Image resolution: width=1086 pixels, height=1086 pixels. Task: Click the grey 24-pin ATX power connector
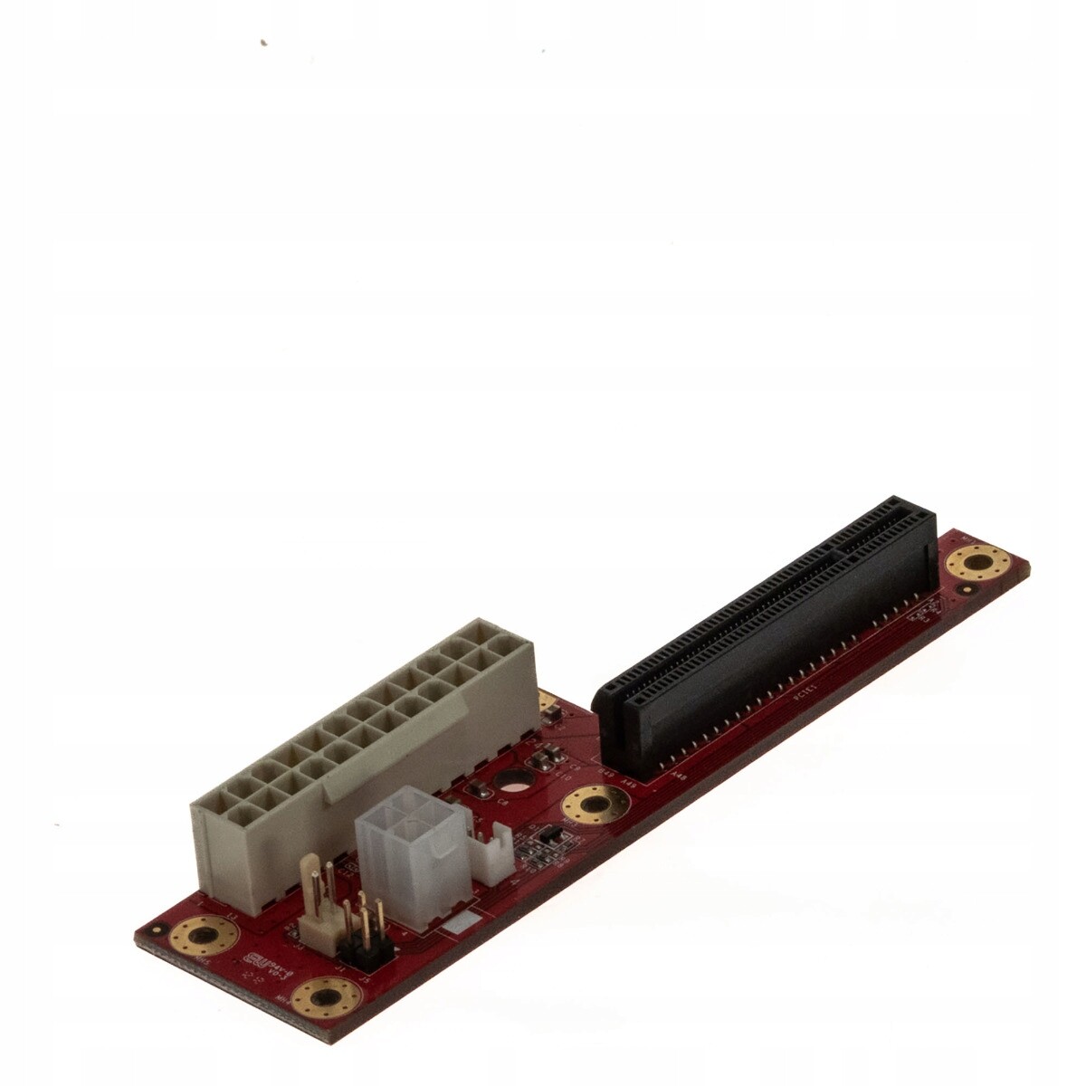(362, 751)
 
